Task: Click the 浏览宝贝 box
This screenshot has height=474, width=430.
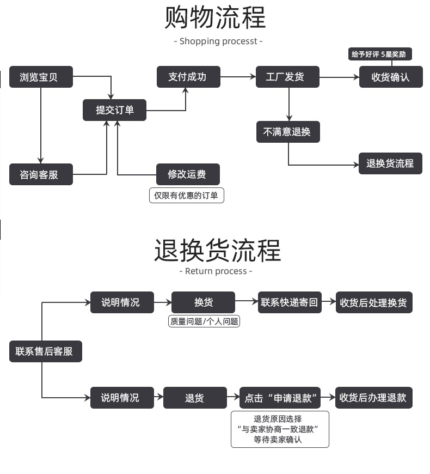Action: tap(41, 77)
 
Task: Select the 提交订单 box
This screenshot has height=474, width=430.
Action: tap(114, 110)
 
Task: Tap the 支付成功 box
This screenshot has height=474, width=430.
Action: tap(188, 77)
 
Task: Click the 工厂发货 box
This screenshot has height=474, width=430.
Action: tap(287, 77)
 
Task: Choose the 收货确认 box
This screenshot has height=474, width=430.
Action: tap(390, 77)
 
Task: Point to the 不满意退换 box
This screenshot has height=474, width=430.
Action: tap(287, 132)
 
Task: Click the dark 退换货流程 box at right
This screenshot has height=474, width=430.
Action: tap(390, 163)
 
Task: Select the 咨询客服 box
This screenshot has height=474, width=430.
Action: tap(41, 174)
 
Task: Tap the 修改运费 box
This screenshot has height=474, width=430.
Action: tap(188, 174)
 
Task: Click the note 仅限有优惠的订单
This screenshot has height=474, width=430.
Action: tap(186, 196)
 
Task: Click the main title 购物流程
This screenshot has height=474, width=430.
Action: tap(216, 17)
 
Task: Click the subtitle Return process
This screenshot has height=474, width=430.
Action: tap(216, 271)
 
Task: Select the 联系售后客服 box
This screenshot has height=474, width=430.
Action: tap(45, 351)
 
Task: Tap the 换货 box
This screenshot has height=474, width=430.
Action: tap(203, 302)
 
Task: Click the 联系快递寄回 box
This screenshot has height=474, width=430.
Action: tap(290, 302)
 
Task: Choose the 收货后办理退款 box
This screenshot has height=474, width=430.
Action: tap(373, 398)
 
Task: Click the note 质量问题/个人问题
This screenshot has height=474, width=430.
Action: tap(205, 321)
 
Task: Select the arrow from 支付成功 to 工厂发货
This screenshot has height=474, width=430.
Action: tap(238, 77)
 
